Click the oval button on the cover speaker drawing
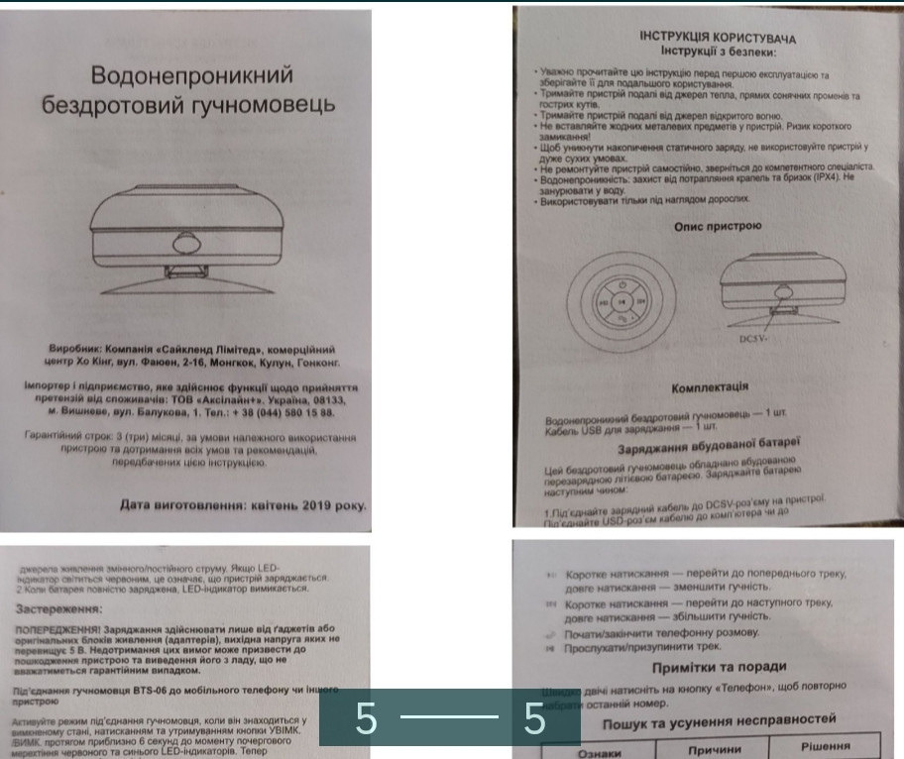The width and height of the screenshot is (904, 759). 188,245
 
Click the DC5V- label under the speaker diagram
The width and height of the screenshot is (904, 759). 757,338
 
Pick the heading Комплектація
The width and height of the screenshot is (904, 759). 709,386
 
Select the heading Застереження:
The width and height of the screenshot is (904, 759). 65,609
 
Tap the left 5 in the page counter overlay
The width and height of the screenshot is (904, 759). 367,720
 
